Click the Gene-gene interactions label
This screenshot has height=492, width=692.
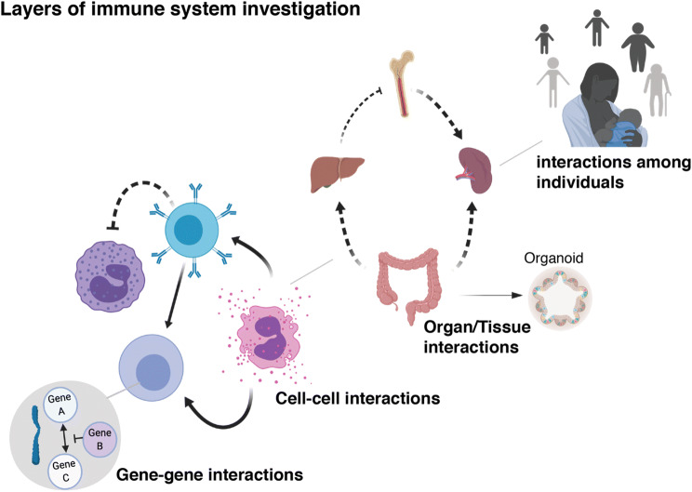208,474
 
